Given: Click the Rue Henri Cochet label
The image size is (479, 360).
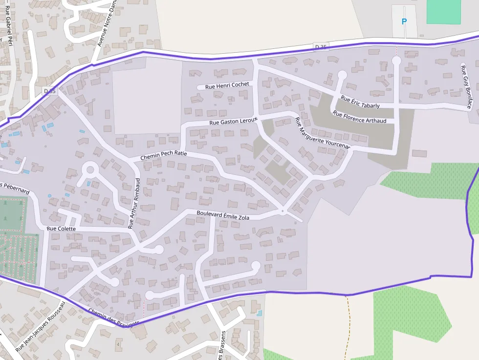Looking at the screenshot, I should pyautogui.click(x=227, y=85).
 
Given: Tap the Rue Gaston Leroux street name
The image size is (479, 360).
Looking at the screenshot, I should pyautogui.click(x=233, y=121).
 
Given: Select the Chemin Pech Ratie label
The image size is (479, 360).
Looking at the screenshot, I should pyautogui.click(x=164, y=156).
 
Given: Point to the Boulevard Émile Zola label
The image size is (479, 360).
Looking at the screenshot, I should pyautogui.click(x=223, y=215).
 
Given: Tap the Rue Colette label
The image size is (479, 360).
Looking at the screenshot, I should pyautogui.click(x=61, y=229).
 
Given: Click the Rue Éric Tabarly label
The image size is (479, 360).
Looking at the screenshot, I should pyautogui.click(x=360, y=102).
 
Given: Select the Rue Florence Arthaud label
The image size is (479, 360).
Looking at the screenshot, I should pyautogui.click(x=359, y=117).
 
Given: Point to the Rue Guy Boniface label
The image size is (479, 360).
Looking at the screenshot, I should pyautogui.click(x=466, y=86).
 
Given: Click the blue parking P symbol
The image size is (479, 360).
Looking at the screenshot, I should pyautogui.click(x=404, y=21).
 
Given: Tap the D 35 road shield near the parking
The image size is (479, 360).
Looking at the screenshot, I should pyautogui.click(x=321, y=46).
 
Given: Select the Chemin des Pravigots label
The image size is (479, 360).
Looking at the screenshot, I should pyautogui.click(x=113, y=318).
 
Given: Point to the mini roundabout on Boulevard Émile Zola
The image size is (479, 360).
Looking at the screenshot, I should pyautogui.click(x=283, y=211).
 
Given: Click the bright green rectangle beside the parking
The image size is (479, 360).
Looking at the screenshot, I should pyautogui.click(x=443, y=12).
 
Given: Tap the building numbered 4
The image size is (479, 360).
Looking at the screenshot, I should pyautogui.click(x=118, y=344).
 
